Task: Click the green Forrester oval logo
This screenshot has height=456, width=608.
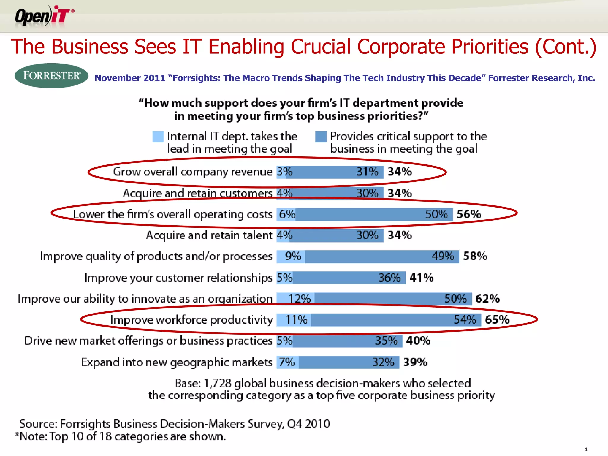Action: point(51,76)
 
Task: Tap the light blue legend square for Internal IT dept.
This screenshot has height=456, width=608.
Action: point(158,137)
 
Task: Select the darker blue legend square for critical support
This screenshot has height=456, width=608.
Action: point(321,137)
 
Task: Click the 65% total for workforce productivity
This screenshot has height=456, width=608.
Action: point(497,320)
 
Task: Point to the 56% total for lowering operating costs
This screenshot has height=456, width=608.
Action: point(469,214)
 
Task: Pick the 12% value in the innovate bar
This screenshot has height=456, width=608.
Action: point(299,299)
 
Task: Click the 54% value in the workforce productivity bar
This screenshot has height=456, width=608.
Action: point(465,320)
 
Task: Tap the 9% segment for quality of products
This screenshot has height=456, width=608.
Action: point(293,256)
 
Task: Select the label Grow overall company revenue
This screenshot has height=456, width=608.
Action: point(192,172)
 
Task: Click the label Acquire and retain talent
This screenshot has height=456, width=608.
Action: point(209,235)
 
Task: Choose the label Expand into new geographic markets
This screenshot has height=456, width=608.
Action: point(177,362)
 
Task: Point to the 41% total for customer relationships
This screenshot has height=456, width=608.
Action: point(421,278)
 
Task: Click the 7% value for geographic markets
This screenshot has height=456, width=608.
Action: point(287,362)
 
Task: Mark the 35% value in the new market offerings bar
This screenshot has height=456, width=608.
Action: point(386,341)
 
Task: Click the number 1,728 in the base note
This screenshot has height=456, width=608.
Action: point(217,383)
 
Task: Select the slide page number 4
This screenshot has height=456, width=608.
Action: point(586,449)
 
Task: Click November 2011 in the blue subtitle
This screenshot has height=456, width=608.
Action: point(130,78)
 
